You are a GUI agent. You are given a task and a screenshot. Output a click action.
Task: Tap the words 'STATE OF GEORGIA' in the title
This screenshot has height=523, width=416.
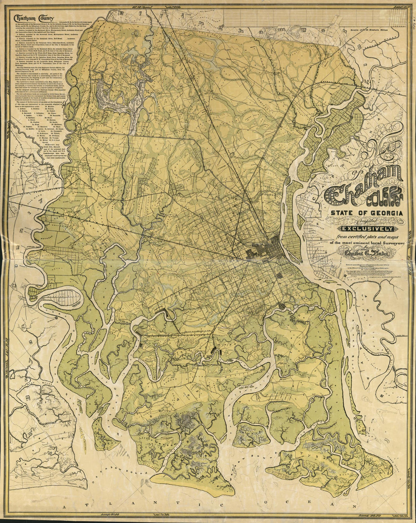pyautogui.click(x=366, y=213)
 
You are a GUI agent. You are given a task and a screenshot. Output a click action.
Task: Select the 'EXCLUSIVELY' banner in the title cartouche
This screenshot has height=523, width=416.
pyautogui.click(x=368, y=228)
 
